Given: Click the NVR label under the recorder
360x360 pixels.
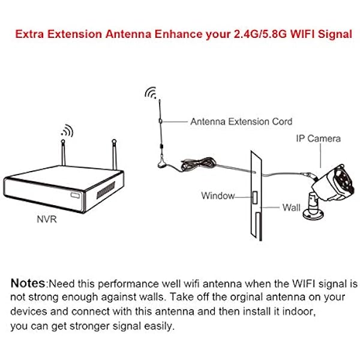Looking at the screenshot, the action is point(47,219).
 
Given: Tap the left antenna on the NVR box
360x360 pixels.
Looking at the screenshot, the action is point(64,152).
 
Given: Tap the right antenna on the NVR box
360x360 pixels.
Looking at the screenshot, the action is point(115,154).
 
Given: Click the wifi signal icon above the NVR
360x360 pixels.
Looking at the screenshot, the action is point(68,131).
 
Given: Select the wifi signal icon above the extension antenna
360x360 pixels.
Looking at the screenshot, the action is point(151,92).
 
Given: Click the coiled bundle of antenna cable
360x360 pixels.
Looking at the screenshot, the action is point(198,163).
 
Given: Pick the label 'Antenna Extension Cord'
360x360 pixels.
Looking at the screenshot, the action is point(241,121).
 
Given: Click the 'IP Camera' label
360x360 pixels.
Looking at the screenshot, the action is point(318,139).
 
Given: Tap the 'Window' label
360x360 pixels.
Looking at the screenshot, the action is point(218,196).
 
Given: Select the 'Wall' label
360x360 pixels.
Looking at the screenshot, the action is point(292,208).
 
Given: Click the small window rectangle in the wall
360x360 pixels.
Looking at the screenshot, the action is point(255,197).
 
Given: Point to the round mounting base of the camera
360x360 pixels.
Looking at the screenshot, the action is point(313,215).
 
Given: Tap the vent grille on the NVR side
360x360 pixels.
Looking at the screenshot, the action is point(106,190).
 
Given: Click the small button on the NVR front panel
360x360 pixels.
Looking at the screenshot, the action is point(76,195).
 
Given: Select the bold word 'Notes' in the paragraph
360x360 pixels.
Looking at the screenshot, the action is point(28,283).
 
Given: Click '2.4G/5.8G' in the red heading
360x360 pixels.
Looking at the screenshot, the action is point(260,34).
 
